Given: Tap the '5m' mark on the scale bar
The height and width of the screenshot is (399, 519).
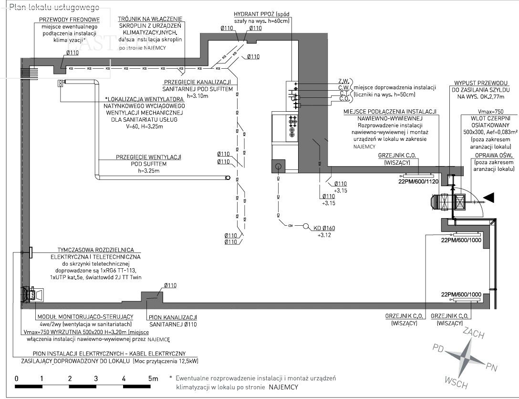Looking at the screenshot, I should click(x=153, y=378).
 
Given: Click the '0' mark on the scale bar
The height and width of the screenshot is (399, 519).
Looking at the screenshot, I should click(x=16, y=378).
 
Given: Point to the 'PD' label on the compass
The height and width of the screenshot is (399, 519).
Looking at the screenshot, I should click(x=438, y=348).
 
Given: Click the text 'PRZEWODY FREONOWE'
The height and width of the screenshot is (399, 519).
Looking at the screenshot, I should click(x=69, y=20).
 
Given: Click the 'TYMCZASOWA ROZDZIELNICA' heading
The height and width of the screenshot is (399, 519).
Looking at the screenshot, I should click(x=95, y=250).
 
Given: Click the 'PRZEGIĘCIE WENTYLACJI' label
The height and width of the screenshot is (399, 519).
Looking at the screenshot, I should click(x=148, y=157).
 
